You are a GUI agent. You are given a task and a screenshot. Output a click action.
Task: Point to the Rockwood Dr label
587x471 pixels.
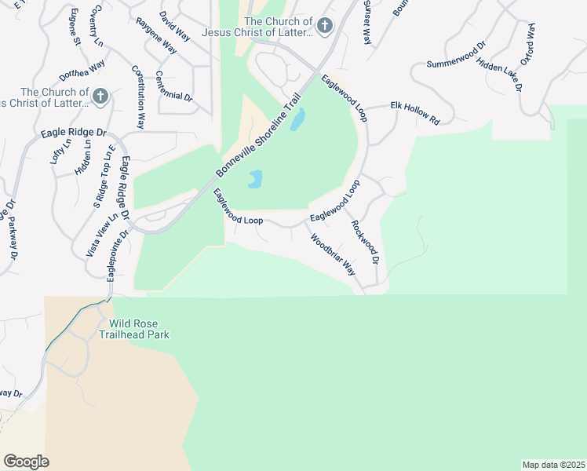coord(365,241)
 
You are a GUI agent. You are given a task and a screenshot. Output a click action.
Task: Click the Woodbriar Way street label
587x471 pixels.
coord(333,254)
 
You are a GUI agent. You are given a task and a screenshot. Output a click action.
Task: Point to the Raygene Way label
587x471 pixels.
coord(156,35)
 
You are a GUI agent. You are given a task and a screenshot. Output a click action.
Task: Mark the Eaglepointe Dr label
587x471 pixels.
coord(117,256)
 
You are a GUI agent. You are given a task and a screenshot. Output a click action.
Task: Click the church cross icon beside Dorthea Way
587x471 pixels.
coord(100,97)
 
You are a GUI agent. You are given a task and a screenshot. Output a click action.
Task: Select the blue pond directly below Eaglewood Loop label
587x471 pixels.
coord(255,180)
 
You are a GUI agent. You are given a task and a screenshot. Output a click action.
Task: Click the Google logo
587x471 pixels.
coord(26,462)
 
